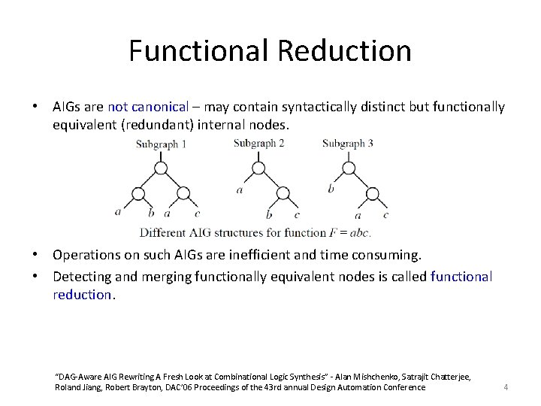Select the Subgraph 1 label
161,144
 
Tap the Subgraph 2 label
258,143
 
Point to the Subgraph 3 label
348,143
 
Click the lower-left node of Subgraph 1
138,193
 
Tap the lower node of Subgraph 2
282,193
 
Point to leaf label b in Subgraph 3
331,189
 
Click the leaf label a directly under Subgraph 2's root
239,190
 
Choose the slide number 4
506,387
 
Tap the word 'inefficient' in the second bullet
283,256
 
